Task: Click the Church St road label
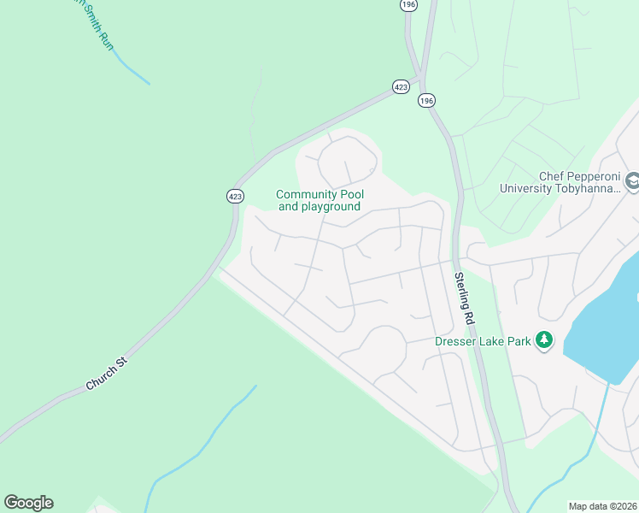[x=106, y=374]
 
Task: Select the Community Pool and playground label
[x=319, y=201]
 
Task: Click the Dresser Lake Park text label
[x=483, y=341]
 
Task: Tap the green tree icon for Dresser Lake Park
[x=544, y=341]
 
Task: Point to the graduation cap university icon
[x=632, y=182]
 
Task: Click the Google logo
[x=28, y=503]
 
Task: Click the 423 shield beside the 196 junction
[x=401, y=86]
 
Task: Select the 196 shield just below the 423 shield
[x=426, y=100]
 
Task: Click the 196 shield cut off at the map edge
[x=408, y=4]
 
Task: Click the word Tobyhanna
[x=581, y=189]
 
